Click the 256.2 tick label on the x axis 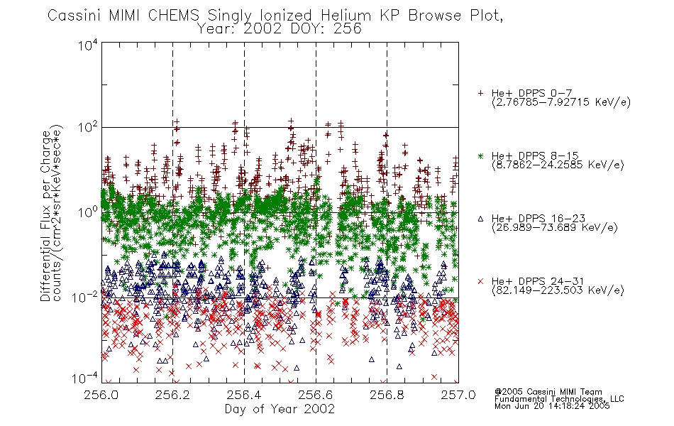coord(172,395)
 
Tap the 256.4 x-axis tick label coord(244,395)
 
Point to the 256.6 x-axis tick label coord(316,395)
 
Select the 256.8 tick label coord(387,395)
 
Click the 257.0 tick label coord(458,395)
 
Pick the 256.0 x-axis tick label coord(101,395)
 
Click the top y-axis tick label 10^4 coord(88,45)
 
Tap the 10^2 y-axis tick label coord(88,127)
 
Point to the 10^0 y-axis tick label coord(88,212)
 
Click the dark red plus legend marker coord(480,93)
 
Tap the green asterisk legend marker coord(480,155)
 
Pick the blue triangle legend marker coord(480,219)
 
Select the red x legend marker coord(480,281)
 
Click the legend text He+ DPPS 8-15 coord(535,155)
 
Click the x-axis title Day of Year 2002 coord(280,409)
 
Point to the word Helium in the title coord(346,16)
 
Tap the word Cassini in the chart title coord(74,16)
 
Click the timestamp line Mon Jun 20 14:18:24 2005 coord(552,406)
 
